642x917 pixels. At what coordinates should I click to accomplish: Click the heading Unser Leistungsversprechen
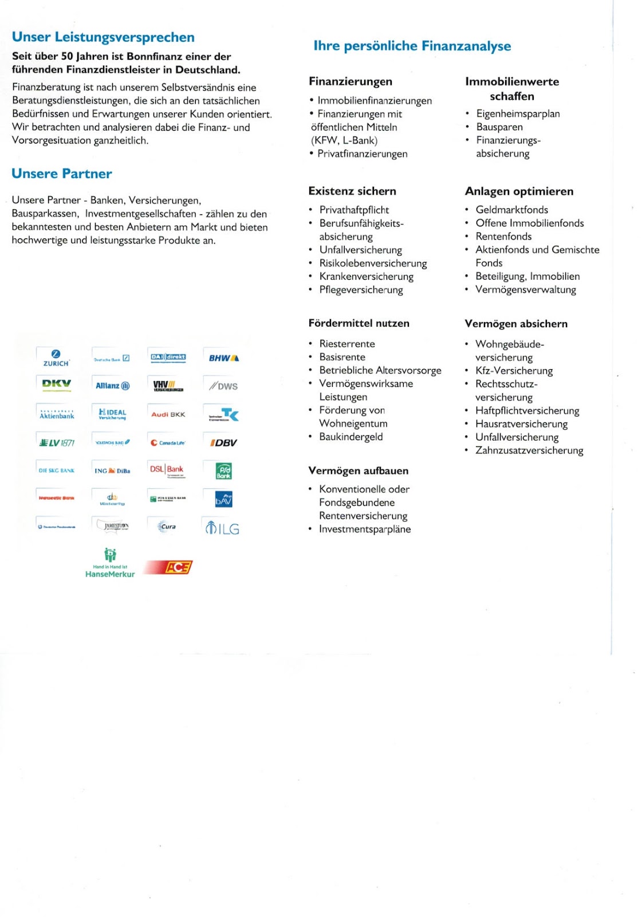[x=103, y=37]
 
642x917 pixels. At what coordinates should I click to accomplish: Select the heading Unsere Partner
[x=62, y=174]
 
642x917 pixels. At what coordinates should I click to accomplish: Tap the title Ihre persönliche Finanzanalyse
[x=412, y=46]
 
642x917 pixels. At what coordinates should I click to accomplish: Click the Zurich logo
[x=56, y=358]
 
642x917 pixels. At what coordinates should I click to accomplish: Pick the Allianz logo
[x=112, y=386]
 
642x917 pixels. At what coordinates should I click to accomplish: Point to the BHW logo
[x=223, y=358]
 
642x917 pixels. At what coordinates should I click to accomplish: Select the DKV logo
[x=56, y=384]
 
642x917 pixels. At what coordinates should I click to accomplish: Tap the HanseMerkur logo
[x=110, y=563]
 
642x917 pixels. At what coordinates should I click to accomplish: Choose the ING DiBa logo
[x=112, y=471]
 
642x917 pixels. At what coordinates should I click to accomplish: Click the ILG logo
[x=222, y=527]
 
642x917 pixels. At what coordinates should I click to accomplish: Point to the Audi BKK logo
[x=168, y=414]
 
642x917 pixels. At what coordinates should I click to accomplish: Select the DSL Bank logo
[x=167, y=469]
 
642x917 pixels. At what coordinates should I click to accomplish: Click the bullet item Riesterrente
[x=347, y=344]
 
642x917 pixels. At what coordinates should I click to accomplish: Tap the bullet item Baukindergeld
[x=351, y=437]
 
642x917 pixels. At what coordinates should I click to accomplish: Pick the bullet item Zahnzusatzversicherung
[x=529, y=450]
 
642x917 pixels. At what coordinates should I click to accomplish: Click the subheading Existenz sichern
[x=352, y=191]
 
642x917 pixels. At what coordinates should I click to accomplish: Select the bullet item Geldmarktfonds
[x=511, y=210]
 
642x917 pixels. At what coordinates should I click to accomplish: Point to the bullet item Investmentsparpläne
[x=365, y=529]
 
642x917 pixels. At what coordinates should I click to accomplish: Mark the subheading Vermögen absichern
[x=516, y=324]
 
